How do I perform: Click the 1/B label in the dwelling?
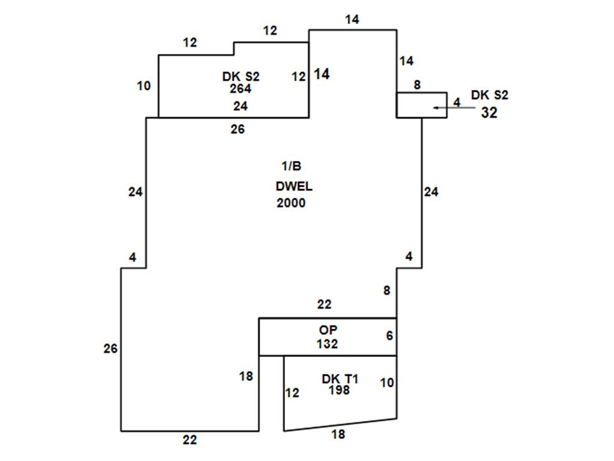pyautogui.click(x=291, y=166)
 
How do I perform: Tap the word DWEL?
pyautogui.click(x=294, y=186)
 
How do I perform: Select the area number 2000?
pyautogui.click(x=291, y=203)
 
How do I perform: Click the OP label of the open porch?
pyautogui.click(x=328, y=330)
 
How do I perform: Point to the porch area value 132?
pyautogui.click(x=327, y=344)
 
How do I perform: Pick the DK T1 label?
pyautogui.click(x=340, y=379)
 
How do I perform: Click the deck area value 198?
pyautogui.click(x=339, y=390)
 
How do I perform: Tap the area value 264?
pyautogui.click(x=240, y=89)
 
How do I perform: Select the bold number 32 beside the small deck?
pyautogui.click(x=489, y=113)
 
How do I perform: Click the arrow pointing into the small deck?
pyautogui.click(x=455, y=107)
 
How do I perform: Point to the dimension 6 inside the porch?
pyautogui.click(x=389, y=336)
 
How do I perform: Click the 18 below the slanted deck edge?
pyautogui.click(x=338, y=435)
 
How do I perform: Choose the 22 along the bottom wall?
pyautogui.click(x=189, y=440)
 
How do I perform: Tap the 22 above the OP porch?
pyautogui.click(x=324, y=304)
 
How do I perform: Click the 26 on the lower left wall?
pyautogui.click(x=110, y=349)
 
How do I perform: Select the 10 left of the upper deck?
pyautogui.click(x=144, y=86)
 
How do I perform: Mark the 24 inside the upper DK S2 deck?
pyautogui.click(x=240, y=106)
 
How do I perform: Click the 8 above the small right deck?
pyautogui.click(x=417, y=85)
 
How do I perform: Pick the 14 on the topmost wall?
pyautogui.click(x=352, y=20)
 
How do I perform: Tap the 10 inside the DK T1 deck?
pyautogui.click(x=387, y=382)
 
